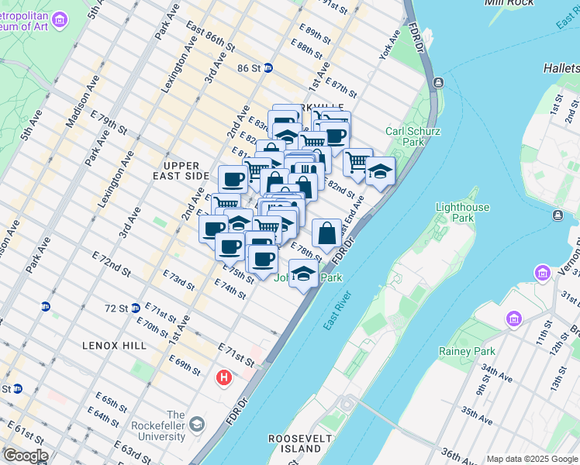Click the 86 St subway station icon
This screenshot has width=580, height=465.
[x=268, y=68]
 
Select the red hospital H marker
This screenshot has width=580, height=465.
[x=223, y=378]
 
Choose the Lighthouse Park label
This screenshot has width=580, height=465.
[x=463, y=212]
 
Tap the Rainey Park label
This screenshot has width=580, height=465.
[x=473, y=351]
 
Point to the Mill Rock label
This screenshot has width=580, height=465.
[x=510, y=3]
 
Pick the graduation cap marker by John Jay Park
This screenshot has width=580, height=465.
[x=304, y=273]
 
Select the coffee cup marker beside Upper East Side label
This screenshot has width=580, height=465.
[x=233, y=179]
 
